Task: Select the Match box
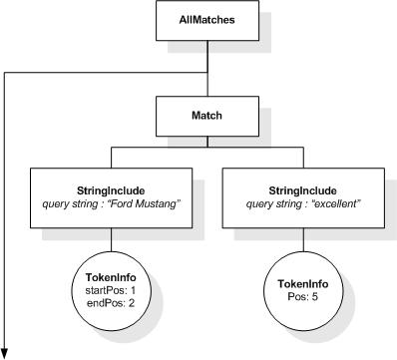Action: (x=206, y=116)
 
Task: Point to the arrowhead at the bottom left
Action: (x=8, y=349)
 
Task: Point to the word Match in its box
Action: (x=206, y=116)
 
